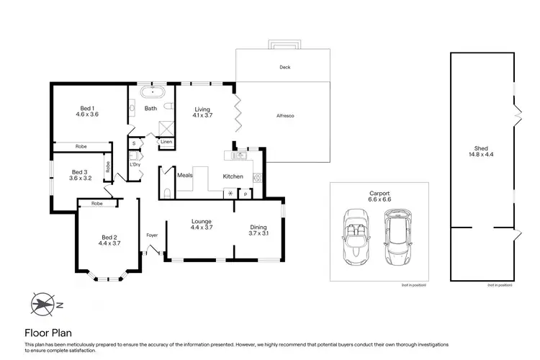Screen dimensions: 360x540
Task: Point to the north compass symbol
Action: pyautogui.click(x=45, y=303)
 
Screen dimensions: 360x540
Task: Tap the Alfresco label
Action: pyautogui.click(x=285, y=116)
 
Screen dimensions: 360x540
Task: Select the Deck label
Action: pyautogui.click(x=285, y=67)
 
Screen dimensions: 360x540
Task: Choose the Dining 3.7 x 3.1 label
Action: pyautogui.click(x=258, y=228)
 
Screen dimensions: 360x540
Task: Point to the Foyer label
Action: pyautogui.click(x=152, y=235)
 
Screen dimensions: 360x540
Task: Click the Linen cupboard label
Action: pyautogui.click(x=166, y=142)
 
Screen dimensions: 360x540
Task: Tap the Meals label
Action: pyautogui.click(x=184, y=174)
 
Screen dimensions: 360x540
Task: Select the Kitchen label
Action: pyautogui.click(x=233, y=176)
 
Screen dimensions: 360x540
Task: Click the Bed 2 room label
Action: pyautogui.click(x=108, y=240)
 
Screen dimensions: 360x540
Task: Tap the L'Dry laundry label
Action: pyautogui.click(x=134, y=164)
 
